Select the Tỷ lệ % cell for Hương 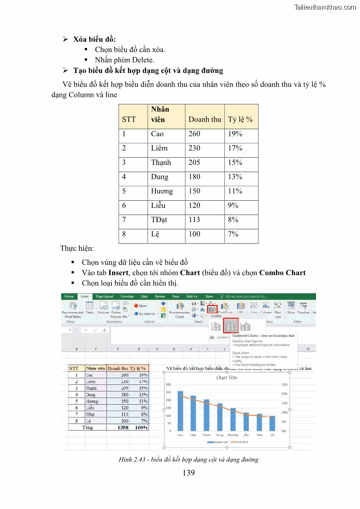235,191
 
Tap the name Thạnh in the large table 161,162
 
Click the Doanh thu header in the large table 204,119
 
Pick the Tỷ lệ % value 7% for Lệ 233,234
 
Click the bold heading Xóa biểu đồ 97,39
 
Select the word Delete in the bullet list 143,60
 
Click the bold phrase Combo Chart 282,273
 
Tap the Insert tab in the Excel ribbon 84,296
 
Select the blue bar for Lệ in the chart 272,423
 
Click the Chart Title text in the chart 226,378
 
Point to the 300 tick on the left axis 168,384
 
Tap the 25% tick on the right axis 285,384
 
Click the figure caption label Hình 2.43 134,460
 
